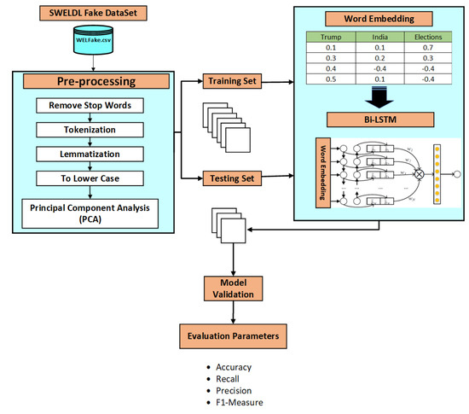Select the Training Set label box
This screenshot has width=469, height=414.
(x=232, y=82)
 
